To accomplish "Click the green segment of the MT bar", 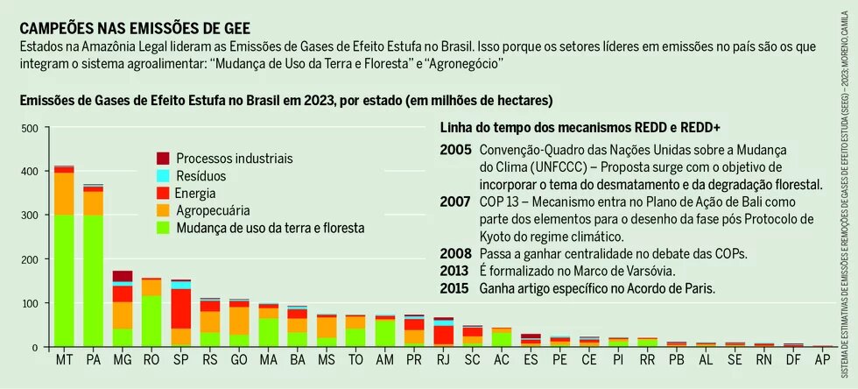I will pos(63,280).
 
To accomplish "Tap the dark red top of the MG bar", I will pos(123,276).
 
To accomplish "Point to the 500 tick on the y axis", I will pos(29,129).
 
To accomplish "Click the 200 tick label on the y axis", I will pos(29,259).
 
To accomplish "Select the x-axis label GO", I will pos(239,361).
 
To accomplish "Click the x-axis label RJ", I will pos(443,361).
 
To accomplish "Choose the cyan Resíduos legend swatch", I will pos(163,176).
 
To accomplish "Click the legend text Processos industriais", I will pos(234,159).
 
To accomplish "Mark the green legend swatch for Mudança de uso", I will pos(163,228).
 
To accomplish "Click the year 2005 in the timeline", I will pos(455,150).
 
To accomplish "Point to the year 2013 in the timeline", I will pos(455,271).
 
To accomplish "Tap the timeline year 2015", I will pos(455,288).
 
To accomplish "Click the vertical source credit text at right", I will pos(845,194).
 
